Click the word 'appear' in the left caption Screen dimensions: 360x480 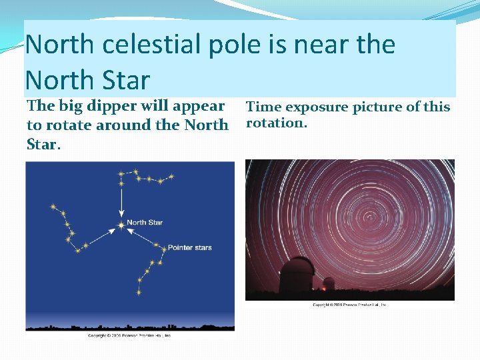[x=196, y=107]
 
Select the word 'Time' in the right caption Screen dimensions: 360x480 [x=265, y=107]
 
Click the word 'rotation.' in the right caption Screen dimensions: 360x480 [x=277, y=123]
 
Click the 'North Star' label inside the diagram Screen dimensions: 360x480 [x=145, y=222]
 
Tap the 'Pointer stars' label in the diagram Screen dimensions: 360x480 [x=189, y=247]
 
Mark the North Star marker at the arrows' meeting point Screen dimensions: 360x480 [x=121, y=225]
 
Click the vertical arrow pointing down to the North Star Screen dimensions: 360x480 [x=121, y=200]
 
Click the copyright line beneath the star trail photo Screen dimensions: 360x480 [x=350, y=305]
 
